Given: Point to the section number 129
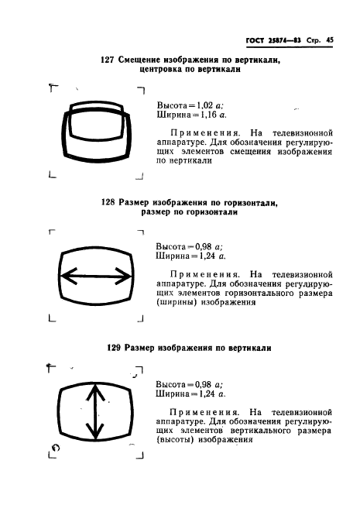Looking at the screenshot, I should point(115,349).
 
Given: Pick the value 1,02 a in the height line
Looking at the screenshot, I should point(206,104).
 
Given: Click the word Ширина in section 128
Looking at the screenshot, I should point(173,253).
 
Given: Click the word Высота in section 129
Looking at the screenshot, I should point(173,383).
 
